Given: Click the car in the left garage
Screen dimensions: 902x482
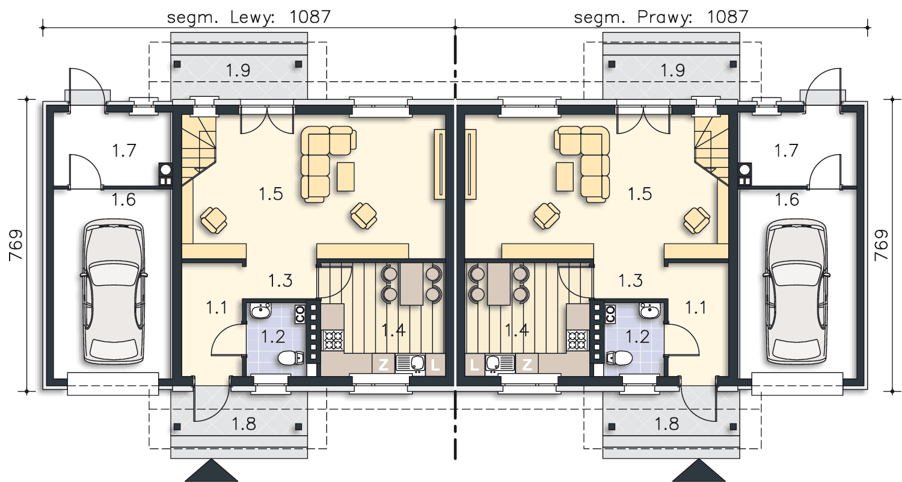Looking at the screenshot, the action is [114, 291].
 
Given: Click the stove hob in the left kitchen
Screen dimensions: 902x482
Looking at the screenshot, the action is [333, 340].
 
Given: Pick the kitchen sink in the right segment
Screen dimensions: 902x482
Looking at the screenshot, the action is [500, 363].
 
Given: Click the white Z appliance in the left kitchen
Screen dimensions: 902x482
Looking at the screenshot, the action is [384, 365].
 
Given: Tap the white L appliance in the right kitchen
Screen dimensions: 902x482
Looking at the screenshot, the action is [474, 365].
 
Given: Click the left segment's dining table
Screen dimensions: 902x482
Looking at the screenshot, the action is [411, 283].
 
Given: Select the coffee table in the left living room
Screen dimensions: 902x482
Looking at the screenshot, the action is [346, 176].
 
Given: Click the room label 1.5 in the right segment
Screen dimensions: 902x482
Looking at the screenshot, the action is [640, 194].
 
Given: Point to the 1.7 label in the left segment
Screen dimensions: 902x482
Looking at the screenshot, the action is [124, 150].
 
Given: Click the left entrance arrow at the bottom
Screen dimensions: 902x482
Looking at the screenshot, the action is [212, 471].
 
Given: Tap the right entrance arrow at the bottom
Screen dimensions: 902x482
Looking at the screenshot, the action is [699, 471].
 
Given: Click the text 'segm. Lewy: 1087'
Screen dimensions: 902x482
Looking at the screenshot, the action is [248, 17].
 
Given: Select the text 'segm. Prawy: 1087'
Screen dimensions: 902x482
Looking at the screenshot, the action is [661, 17].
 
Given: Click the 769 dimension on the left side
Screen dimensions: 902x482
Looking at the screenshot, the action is [16, 245].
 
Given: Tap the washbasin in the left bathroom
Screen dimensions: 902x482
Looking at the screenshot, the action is [260, 311].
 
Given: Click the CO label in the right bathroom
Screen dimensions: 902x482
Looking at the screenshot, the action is [610, 314].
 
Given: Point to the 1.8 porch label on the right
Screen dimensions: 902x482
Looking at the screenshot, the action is [666, 424].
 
